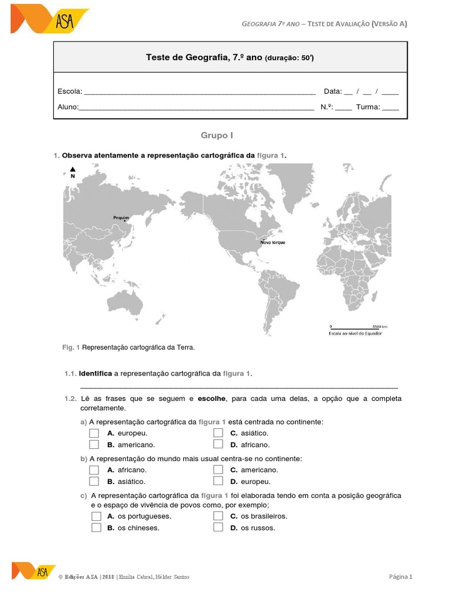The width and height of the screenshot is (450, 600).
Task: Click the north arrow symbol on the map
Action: coord(72,172)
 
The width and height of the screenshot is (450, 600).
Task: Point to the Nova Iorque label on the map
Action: coord(272,242)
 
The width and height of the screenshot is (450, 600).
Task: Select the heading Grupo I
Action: coord(217,135)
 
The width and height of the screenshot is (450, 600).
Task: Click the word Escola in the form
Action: coord(70,91)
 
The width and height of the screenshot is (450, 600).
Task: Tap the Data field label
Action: coord(332,91)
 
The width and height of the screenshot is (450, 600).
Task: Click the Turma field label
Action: coord(369,107)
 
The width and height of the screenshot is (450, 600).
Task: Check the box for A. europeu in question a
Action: coord(94,433)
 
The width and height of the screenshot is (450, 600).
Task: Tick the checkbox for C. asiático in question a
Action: coord(218,433)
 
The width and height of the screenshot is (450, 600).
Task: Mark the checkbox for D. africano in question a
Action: coord(218,445)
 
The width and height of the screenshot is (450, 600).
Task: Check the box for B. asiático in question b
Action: coord(94,482)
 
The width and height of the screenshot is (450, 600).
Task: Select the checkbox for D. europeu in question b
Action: coord(218,482)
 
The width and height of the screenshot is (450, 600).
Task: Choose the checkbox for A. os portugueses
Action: coord(96,516)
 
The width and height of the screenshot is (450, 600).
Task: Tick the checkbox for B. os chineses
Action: coord(96,527)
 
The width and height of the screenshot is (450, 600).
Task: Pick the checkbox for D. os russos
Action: coord(218,527)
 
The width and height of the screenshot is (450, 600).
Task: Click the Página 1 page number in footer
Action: coord(401,577)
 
